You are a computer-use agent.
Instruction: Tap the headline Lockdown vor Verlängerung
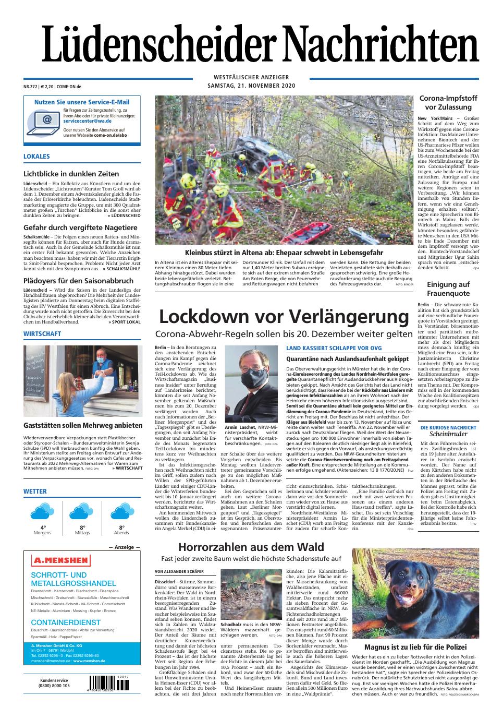tap(284, 316)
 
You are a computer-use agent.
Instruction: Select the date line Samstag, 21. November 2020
tap(251, 86)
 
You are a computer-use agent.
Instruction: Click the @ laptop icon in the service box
tap(46, 121)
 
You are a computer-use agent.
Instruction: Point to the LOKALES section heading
tap(37, 157)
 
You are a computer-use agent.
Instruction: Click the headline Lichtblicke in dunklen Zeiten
tap(71, 174)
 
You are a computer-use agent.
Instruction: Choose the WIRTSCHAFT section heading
tap(42, 334)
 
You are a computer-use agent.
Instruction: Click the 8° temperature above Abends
tap(121, 528)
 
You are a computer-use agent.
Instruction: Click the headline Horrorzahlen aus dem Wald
tap(251, 547)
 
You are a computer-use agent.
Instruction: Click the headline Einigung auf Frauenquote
tap(448, 289)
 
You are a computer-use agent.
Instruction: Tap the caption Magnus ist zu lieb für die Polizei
tap(415, 647)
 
